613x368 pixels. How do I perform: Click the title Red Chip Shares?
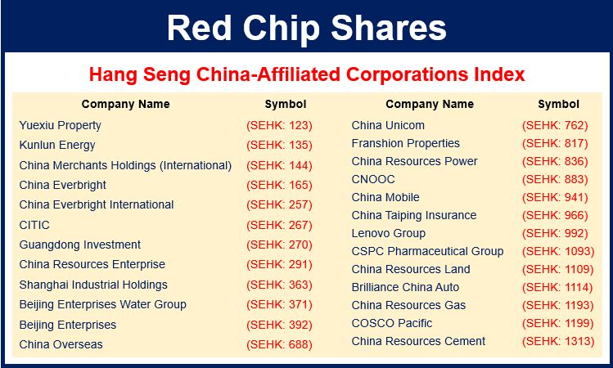(306, 28)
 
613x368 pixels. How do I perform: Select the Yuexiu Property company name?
(61, 125)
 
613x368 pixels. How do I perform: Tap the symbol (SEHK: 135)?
(280, 146)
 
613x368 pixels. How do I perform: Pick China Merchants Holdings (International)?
(125, 165)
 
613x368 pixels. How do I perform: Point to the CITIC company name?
(34, 225)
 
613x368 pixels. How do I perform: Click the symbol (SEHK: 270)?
(280, 245)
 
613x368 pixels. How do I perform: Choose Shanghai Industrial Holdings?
(93, 285)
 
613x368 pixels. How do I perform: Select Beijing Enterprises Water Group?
(103, 305)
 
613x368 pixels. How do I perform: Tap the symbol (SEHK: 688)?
(280, 344)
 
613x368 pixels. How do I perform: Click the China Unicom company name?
(388, 125)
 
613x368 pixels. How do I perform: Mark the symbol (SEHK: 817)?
(555, 143)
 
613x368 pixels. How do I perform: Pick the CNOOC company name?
(373, 179)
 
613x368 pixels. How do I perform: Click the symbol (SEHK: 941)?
(555, 197)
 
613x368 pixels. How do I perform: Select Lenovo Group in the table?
(389, 234)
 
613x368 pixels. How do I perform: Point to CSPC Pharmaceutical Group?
(428, 251)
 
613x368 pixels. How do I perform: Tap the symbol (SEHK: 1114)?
(558, 287)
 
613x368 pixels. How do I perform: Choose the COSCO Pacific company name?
(392, 323)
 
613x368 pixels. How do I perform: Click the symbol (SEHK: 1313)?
(558, 341)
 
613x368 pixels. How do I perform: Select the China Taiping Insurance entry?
(414, 216)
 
